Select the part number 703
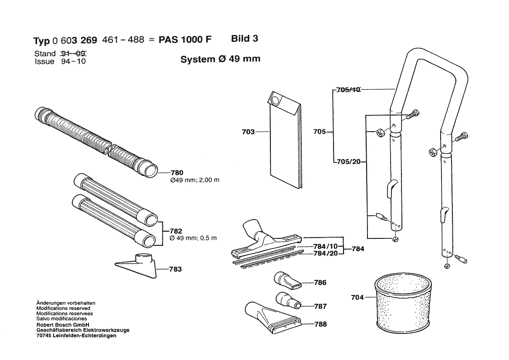249,131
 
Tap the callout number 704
357,298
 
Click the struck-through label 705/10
349,90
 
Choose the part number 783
175,269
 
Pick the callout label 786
320,283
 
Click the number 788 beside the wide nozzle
320,324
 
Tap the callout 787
320,306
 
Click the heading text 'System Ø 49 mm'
220,59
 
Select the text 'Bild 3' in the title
244,38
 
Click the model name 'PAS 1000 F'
185,40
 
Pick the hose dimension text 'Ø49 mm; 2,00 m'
189,180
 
